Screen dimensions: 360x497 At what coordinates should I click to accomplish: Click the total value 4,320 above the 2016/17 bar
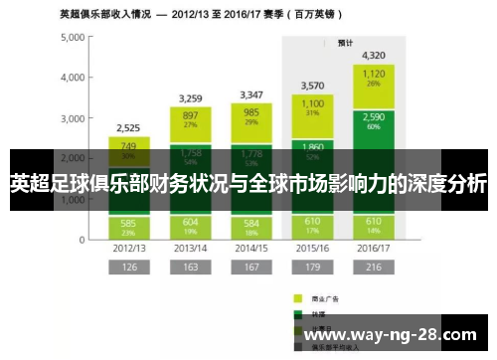374,56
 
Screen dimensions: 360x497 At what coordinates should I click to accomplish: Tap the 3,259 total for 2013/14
190,98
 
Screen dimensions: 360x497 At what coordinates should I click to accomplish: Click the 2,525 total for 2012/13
128,127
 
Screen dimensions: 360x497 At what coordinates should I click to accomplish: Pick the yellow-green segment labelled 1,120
374,78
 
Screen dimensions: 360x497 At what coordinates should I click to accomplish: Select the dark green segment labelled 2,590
374,121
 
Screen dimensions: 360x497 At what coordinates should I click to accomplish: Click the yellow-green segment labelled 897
190,119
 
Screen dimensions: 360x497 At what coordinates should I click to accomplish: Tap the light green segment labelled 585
128,226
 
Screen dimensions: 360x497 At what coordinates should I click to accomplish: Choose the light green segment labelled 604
190,226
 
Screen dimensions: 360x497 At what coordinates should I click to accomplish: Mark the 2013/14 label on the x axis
190,248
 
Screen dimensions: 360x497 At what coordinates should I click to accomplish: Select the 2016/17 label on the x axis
374,248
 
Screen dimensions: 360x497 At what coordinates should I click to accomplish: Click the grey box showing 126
128,268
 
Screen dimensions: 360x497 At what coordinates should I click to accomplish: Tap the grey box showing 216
374,268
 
